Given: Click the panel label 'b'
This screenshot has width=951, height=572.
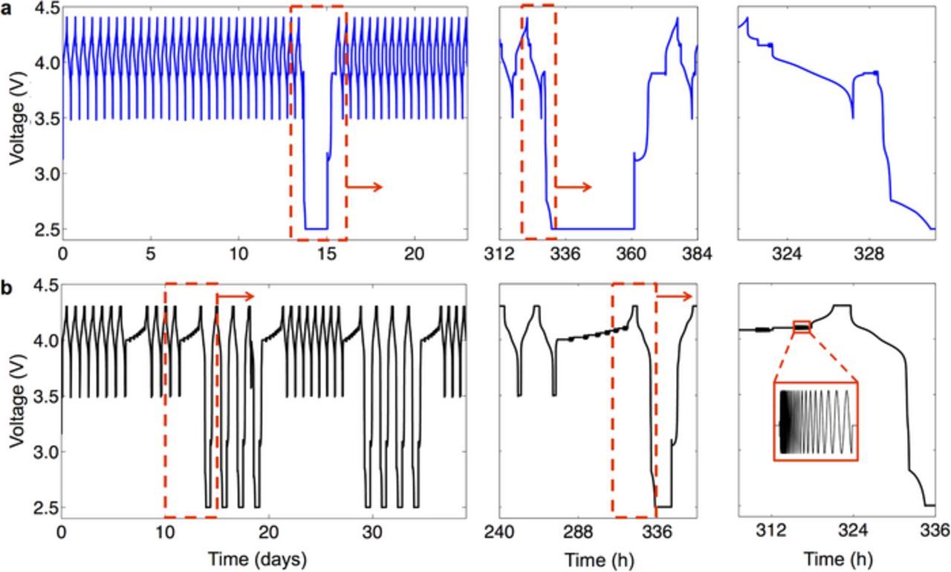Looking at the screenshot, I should pyautogui.click(x=6, y=288).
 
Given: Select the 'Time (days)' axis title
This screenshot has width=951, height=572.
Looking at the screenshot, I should pyautogui.click(x=257, y=558).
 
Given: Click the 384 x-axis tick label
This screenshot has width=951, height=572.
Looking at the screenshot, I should pyautogui.click(x=696, y=255).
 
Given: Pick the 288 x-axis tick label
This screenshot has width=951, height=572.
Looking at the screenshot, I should pyautogui.click(x=578, y=533).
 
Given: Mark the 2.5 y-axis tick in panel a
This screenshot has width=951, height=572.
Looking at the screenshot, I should pyautogui.click(x=44, y=229).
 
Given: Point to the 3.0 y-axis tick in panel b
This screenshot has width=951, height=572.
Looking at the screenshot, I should pyautogui.click(x=44, y=452).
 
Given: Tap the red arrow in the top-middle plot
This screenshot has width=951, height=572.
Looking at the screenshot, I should pyautogui.click(x=574, y=186).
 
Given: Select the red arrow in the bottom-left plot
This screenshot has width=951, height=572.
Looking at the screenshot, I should pyautogui.click(x=236, y=296).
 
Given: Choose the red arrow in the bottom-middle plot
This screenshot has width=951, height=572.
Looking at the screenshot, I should pyautogui.click(x=675, y=296).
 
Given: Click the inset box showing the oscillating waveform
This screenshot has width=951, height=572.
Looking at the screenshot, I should pyautogui.click(x=816, y=421).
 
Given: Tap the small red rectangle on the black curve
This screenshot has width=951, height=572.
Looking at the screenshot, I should pyautogui.click(x=802, y=327).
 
